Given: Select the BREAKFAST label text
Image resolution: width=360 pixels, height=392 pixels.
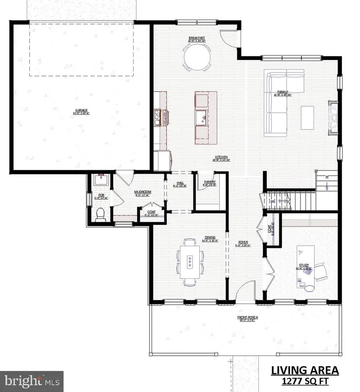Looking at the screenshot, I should [x=197, y=39].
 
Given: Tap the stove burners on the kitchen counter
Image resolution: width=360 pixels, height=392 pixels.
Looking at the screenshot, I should [x=157, y=117].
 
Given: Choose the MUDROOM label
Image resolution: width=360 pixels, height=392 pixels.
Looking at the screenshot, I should [x=142, y=192].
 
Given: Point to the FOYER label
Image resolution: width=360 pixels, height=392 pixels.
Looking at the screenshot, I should [x=244, y=242].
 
